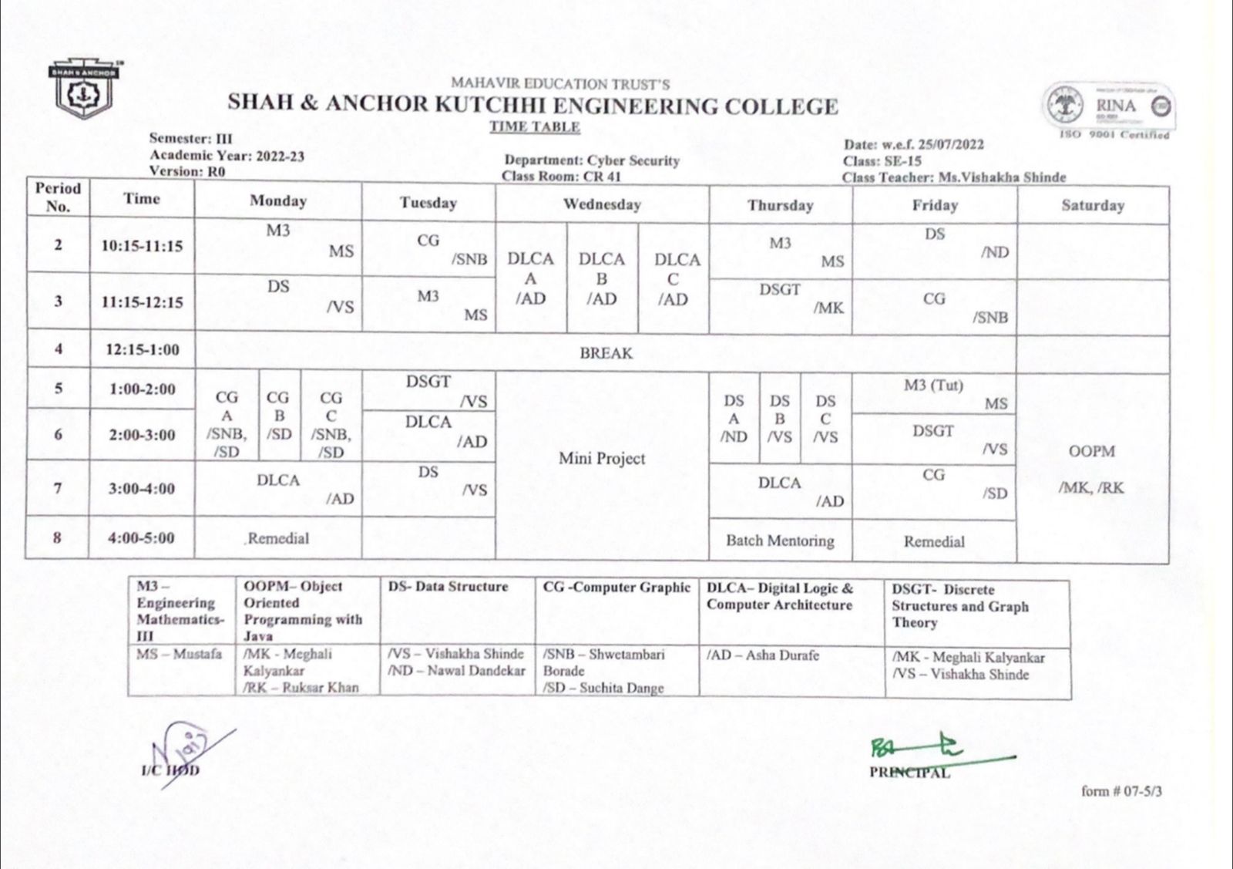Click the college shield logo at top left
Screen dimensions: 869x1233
82,90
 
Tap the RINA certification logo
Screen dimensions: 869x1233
1109,108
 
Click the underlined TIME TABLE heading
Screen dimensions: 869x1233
534,126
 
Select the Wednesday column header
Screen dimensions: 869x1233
602,204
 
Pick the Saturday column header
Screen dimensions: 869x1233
1092,205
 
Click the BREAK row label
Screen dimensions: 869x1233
606,353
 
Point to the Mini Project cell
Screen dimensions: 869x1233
602,459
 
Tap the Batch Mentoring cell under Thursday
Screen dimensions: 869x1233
780,541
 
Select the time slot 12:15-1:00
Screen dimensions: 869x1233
143,349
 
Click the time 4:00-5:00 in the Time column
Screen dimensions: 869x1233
141,537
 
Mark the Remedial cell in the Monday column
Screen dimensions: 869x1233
278,538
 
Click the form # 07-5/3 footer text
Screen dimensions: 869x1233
1121,790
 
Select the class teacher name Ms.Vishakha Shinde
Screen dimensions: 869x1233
1002,177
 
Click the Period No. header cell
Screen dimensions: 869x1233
58,197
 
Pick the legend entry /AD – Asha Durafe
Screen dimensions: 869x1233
762,655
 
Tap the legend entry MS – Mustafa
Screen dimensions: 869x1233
179,654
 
